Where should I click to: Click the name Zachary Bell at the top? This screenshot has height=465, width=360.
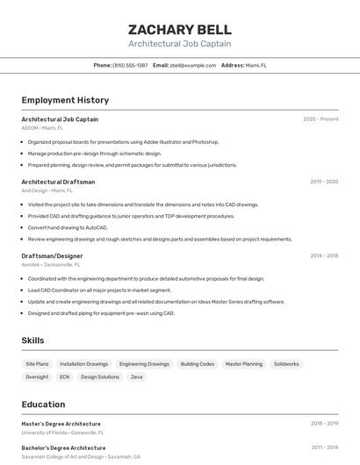click(x=180, y=29)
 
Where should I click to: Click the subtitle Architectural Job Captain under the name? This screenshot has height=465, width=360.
click(x=180, y=43)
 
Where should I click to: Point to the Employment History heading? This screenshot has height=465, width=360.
click(x=65, y=100)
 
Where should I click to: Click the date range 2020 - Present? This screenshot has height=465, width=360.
click(x=320, y=118)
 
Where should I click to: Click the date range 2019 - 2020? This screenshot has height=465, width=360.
click(x=324, y=182)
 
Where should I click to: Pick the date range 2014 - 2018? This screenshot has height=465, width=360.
click(x=324, y=255)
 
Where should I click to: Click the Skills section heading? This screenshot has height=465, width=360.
click(x=32, y=340)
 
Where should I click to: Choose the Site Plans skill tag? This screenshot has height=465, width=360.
click(x=37, y=363)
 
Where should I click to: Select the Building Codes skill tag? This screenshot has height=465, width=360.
click(x=197, y=363)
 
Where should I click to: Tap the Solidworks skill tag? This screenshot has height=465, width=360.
click(x=286, y=363)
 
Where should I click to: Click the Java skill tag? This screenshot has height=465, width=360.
click(x=136, y=376)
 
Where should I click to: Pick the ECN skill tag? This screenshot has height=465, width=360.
click(x=64, y=376)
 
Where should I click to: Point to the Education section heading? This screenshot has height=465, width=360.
click(x=43, y=404)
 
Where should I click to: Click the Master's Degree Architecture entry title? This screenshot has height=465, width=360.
click(x=61, y=424)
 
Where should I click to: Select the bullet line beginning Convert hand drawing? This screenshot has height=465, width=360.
click(x=68, y=227)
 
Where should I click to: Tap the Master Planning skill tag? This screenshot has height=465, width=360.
click(x=243, y=363)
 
